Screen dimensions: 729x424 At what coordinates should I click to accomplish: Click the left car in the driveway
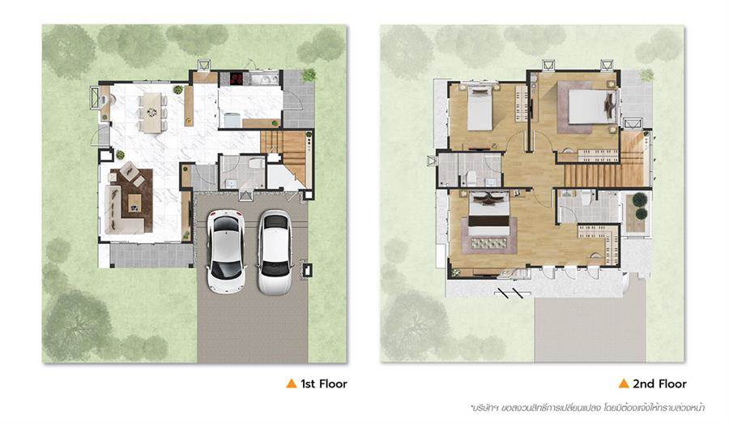click(x=226, y=251)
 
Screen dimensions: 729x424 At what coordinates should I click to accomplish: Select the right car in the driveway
click(x=275, y=252)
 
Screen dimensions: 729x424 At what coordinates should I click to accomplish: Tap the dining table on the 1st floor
click(x=152, y=112)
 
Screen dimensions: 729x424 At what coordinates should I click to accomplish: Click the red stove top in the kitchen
click(x=237, y=77)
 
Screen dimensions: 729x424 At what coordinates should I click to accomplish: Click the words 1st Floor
click(x=324, y=383)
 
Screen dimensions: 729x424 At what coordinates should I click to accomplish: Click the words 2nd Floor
click(x=659, y=383)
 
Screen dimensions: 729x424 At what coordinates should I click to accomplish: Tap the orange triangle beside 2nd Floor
click(x=624, y=383)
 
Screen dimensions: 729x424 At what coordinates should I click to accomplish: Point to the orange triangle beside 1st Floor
click(x=292, y=383)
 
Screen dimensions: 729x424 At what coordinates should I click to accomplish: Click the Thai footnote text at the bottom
click(x=588, y=408)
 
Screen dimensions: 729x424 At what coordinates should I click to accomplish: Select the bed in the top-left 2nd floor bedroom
click(x=480, y=109)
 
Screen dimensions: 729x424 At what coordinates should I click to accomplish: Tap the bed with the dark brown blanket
click(x=488, y=218)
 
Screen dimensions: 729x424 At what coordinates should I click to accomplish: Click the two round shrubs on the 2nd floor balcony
click(x=639, y=206)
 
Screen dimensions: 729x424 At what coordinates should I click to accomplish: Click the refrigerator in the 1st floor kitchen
click(x=232, y=120)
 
